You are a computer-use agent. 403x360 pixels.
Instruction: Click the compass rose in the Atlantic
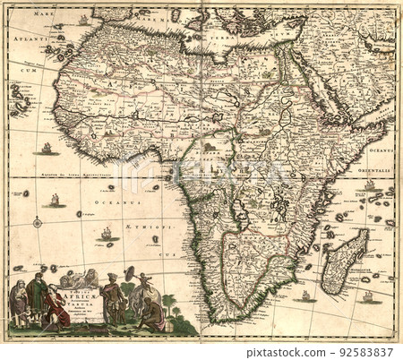coord(38,221)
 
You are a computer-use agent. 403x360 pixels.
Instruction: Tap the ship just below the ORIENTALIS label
coord(369,185)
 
